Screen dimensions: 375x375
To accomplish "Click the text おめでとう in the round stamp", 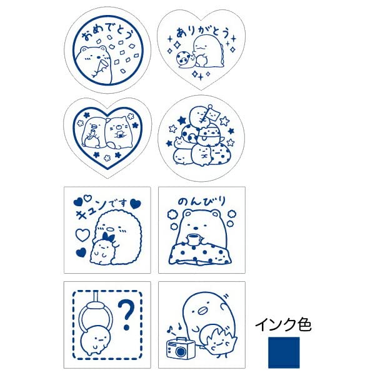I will pyautogui.click(x=103, y=29).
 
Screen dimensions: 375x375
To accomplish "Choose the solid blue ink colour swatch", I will pyautogui.click(x=283, y=352).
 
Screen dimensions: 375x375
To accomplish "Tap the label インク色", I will pyautogui.click(x=282, y=325).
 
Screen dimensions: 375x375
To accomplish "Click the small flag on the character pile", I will pyautogui.click(x=210, y=114).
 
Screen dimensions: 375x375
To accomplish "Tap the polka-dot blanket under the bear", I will pyautogui.click(x=200, y=252).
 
